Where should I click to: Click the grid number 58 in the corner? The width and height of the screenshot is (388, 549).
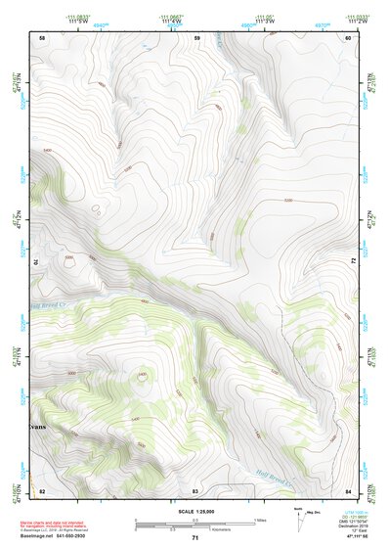pyautogui.click(x=42, y=37)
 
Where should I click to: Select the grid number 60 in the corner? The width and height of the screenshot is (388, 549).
pyautogui.click(x=349, y=37)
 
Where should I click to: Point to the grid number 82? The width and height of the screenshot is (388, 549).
pyautogui.click(x=42, y=489)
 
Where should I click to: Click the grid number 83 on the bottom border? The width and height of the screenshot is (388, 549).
pyautogui.click(x=195, y=489)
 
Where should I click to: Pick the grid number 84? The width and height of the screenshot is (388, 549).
pyautogui.click(x=349, y=489)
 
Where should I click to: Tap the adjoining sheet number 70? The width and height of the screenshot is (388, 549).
pyautogui.click(x=40, y=262)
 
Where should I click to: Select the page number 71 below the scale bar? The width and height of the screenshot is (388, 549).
pyautogui.click(x=195, y=537)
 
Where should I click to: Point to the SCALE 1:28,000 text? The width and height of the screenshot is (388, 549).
pyautogui.click(x=194, y=511)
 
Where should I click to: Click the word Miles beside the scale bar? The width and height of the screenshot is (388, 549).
pyautogui.click(x=261, y=519)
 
